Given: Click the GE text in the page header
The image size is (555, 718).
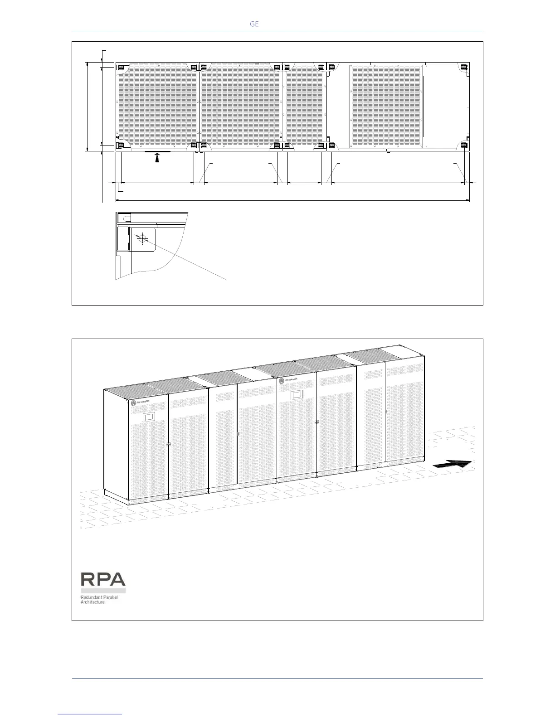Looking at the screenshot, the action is (x=254, y=24).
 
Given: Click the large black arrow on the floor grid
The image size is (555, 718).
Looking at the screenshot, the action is (x=453, y=464).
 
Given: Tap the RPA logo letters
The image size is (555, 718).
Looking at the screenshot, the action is (x=103, y=580).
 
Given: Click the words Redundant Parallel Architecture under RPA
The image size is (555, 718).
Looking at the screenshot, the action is (x=99, y=600).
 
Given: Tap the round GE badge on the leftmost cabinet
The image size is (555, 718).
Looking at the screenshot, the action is (x=134, y=403).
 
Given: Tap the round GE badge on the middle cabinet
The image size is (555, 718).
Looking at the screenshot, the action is (x=282, y=380).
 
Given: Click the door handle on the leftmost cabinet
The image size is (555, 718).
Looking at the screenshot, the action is (x=168, y=444).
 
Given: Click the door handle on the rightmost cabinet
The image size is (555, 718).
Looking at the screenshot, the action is (x=385, y=412).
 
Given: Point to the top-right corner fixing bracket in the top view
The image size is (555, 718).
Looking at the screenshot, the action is (x=464, y=68).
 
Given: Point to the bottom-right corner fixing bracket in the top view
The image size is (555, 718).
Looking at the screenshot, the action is (x=464, y=145).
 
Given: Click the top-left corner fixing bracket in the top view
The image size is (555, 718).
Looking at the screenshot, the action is (x=122, y=68).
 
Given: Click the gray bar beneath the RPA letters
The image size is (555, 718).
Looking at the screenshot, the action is (x=103, y=591).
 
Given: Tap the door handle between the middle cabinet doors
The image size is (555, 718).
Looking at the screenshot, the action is (x=316, y=422).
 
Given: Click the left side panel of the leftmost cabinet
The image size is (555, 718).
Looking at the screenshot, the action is (x=116, y=444).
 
